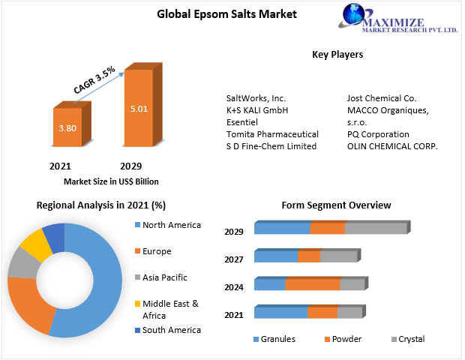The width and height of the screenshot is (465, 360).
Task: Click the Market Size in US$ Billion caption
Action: (111, 181)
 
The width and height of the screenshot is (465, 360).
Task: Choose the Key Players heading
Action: (337, 55)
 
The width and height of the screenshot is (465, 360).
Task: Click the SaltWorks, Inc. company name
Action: (256, 98)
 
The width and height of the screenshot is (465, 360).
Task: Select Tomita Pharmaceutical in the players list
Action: (272, 134)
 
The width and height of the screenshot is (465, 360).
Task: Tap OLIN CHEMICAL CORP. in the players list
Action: (392, 146)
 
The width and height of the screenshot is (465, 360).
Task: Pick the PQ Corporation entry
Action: (378, 134)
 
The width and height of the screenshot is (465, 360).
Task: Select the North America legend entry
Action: (171, 225)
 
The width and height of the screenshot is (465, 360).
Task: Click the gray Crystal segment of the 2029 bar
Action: (375, 229)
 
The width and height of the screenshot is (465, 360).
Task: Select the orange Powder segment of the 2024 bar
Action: (313, 284)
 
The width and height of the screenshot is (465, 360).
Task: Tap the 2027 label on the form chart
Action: (234, 259)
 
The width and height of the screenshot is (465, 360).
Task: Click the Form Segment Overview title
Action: (336, 205)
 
